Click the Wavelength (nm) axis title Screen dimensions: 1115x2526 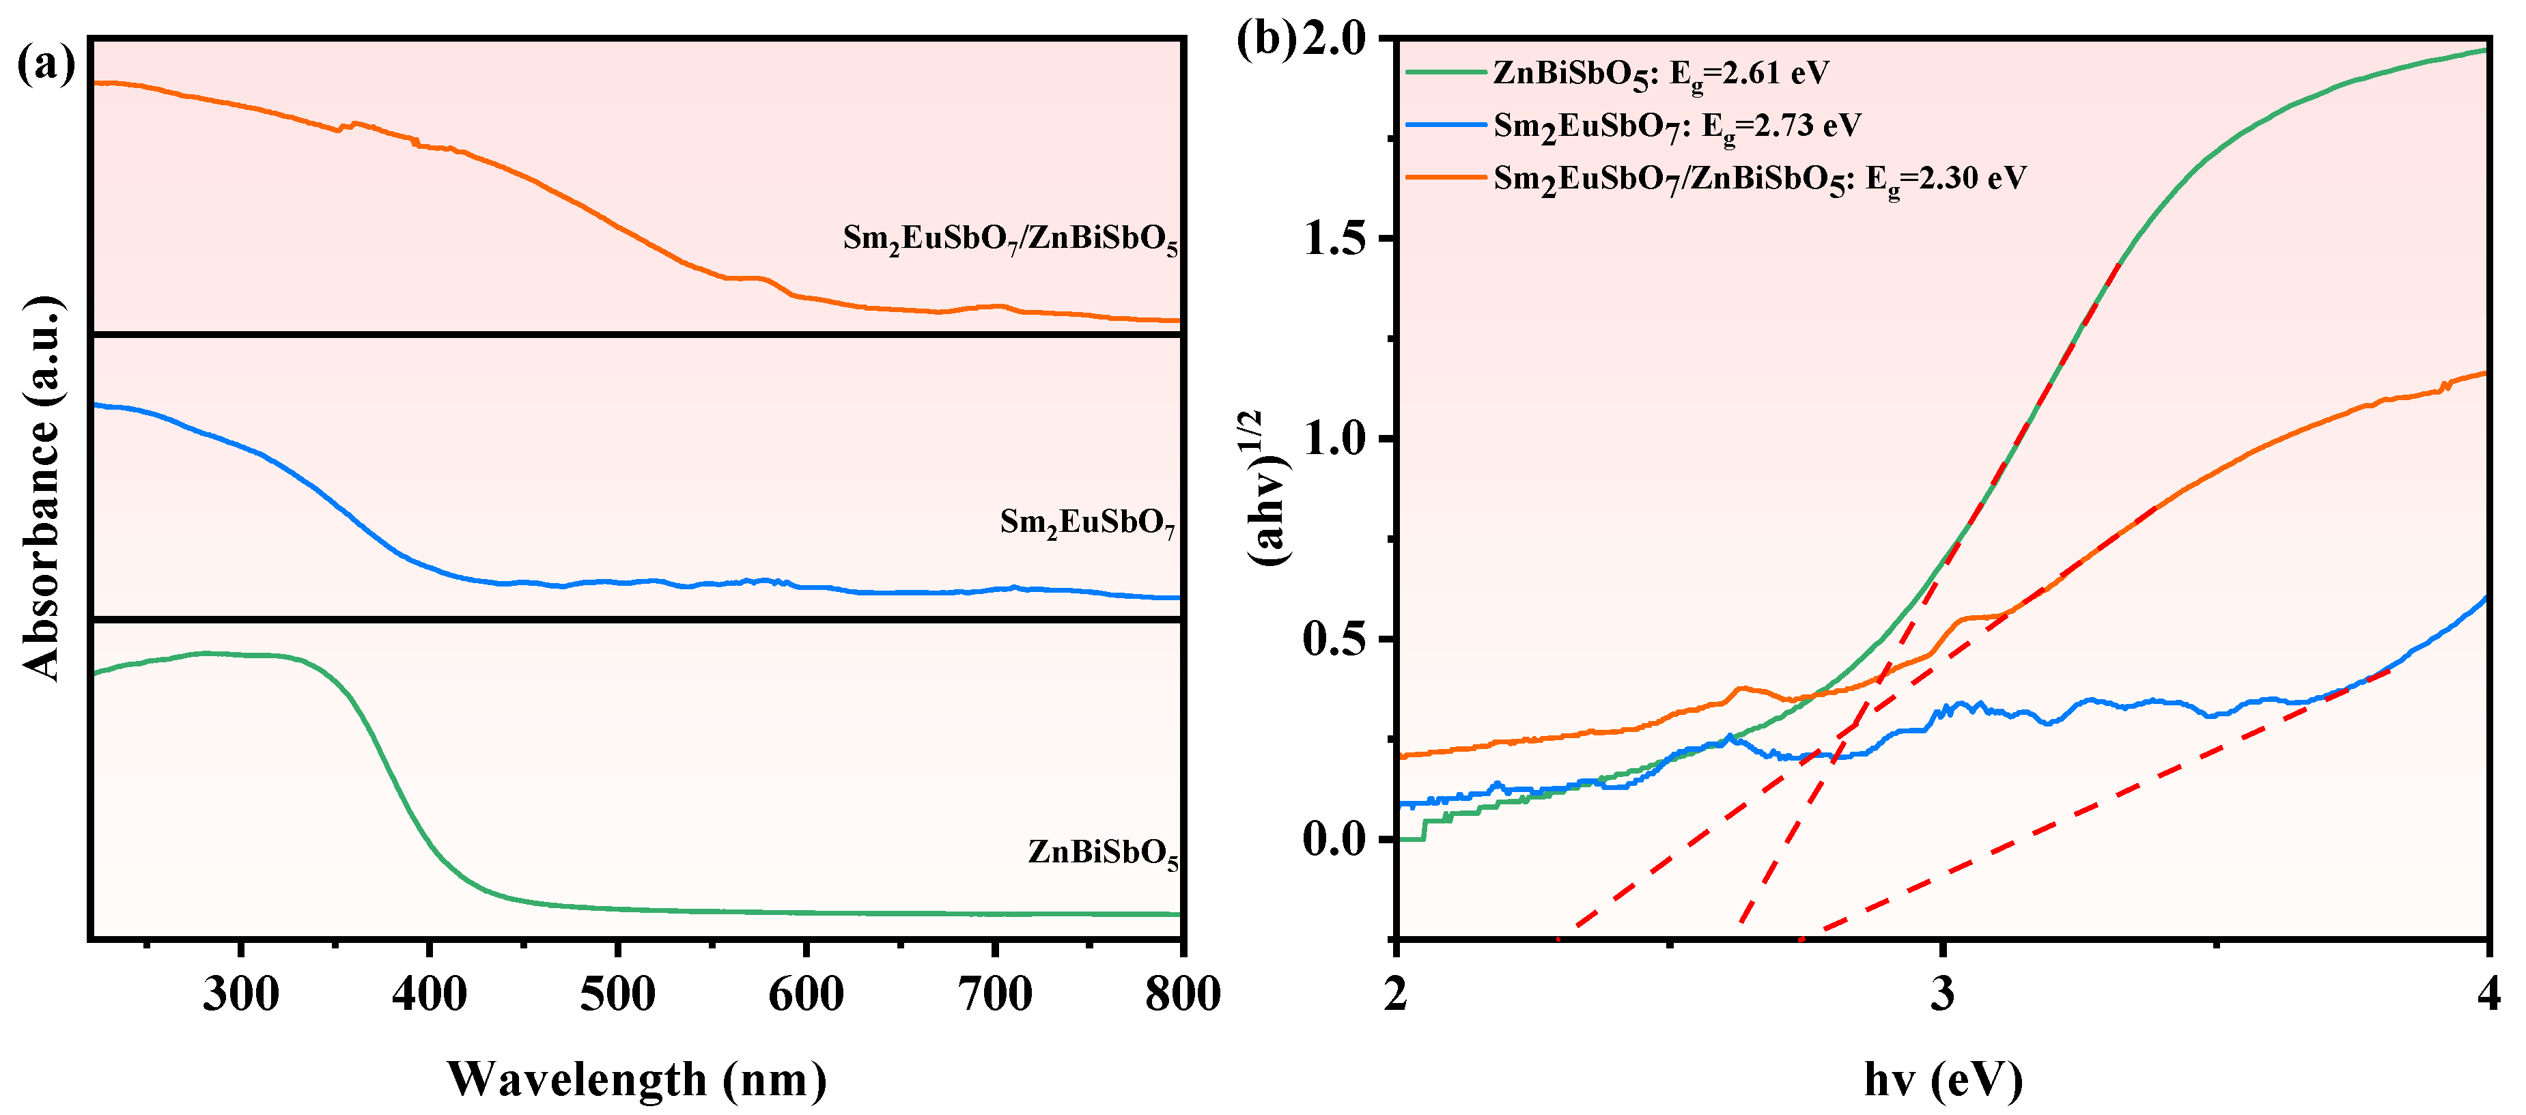click(x=637, y=1079)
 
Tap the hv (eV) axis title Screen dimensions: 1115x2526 click(x=1943, y=1079)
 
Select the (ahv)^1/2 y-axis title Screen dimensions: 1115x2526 click(x=1266, y=488)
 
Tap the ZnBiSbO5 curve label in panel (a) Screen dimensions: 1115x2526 click(x=1102, y=852)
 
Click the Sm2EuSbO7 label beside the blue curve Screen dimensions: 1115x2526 click(x=1086, y=523)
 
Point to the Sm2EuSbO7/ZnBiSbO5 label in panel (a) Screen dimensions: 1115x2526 click(x=1010, y=238)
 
